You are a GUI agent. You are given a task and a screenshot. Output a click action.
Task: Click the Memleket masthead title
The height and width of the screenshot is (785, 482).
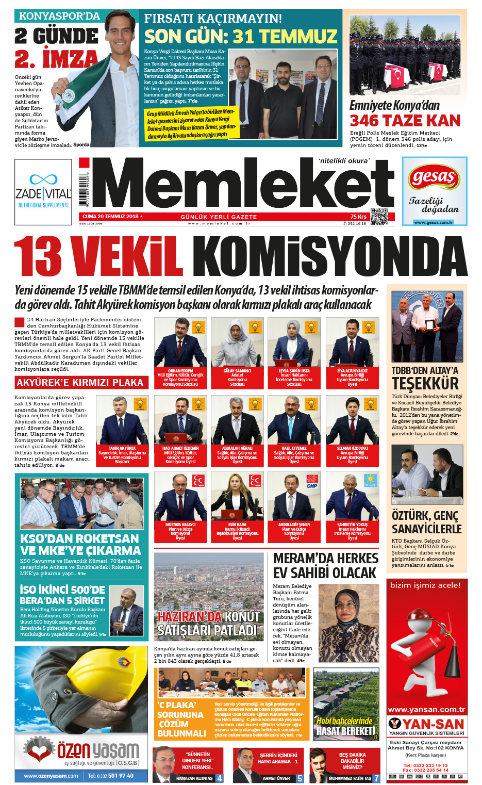coord(242,185)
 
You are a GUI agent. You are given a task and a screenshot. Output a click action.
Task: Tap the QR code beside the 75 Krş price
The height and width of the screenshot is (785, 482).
coord(379,217)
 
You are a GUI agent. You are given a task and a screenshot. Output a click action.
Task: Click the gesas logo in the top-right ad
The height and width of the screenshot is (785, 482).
coord(434,178)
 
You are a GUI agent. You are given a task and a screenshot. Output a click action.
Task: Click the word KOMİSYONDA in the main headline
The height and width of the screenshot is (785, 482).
coord(330,256)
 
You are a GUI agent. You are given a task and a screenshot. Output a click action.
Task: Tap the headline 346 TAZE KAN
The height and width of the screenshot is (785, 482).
coord(405,121)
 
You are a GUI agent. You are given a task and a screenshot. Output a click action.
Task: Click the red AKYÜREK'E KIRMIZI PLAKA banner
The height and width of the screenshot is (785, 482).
coord(80,383)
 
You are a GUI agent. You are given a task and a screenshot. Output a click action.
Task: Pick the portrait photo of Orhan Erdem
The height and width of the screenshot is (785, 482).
coord(180,342)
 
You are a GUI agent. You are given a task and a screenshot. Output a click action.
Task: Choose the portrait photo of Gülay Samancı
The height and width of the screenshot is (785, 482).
coord(237,342)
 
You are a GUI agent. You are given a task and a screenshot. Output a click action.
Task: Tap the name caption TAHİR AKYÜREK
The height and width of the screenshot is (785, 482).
coord(122,448)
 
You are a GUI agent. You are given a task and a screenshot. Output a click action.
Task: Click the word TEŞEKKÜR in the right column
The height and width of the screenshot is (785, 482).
coord(425,384)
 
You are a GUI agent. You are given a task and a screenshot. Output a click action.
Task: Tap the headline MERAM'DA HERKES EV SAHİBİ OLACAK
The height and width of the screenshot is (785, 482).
coord(326,566)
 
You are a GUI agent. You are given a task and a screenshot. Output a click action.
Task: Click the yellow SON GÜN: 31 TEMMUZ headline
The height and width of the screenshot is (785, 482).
coord(240,37)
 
